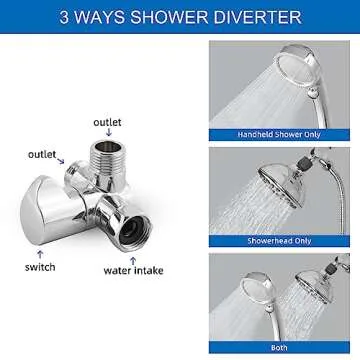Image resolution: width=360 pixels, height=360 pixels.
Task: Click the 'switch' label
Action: point(40,267)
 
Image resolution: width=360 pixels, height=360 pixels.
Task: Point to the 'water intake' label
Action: point(133,270)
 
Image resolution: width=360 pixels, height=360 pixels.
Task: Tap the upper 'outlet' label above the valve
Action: point(108,122)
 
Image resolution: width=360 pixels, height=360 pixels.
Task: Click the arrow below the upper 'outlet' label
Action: point(108,135)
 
